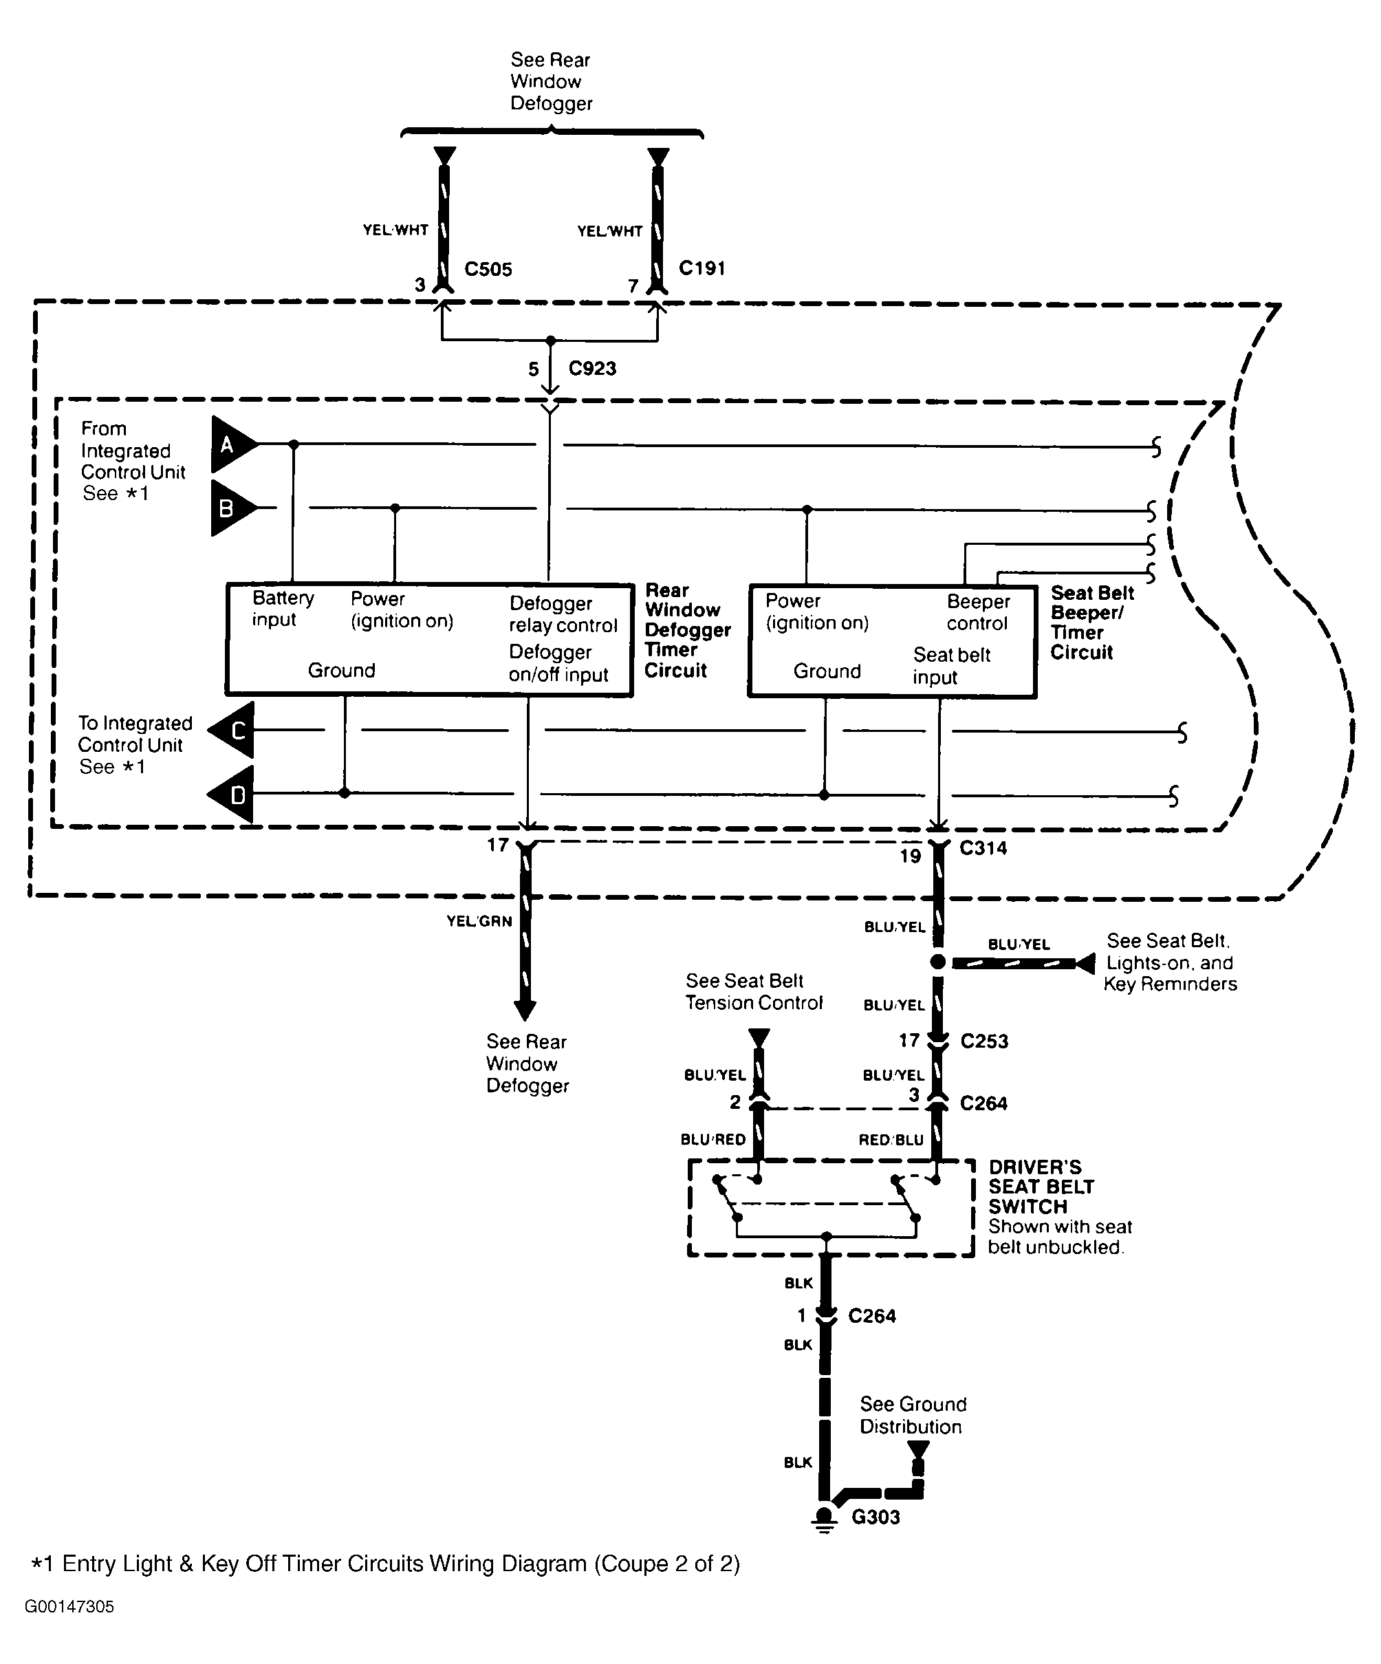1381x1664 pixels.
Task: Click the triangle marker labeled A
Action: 230,444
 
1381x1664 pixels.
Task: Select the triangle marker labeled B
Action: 230,508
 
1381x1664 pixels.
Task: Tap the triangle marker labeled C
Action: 235,730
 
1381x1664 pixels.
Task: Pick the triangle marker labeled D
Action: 235,794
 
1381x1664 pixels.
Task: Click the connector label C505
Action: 488,270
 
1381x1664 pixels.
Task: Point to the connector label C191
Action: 702,268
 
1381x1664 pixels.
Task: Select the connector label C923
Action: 592,369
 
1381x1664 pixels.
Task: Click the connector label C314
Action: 983,848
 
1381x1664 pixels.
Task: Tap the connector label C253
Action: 984,1041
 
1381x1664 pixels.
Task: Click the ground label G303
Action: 876,1517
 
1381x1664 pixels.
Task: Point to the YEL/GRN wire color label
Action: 479,921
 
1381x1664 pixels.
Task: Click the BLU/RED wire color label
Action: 713,1139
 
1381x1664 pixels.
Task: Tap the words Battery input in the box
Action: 283,609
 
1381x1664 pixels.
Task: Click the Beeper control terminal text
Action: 978,612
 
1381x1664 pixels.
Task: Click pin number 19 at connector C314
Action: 910,856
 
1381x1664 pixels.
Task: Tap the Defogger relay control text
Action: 563,614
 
